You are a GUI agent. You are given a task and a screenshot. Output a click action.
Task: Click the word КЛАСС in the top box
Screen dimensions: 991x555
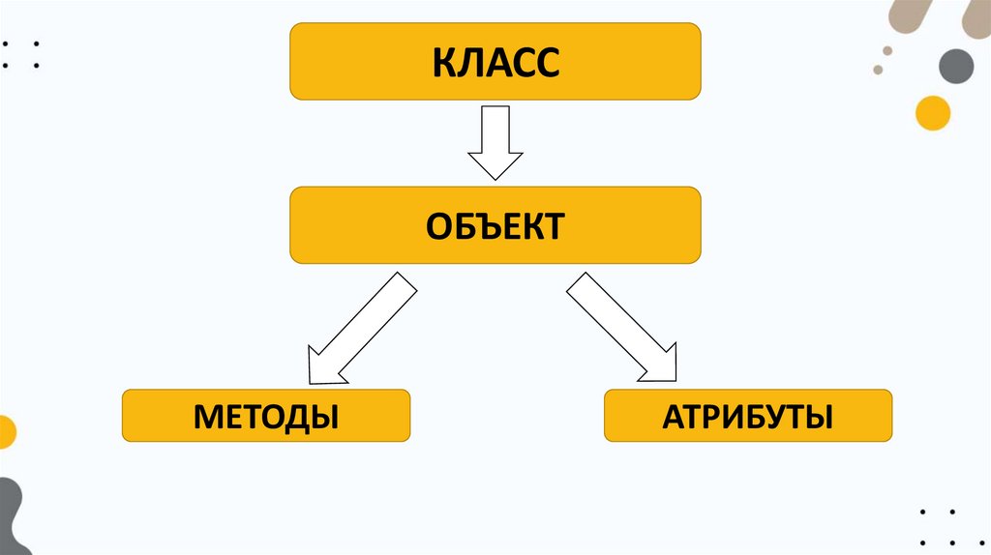pyautogui.click(x=495, y=64)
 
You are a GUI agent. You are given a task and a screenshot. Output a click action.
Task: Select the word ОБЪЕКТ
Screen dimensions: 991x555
pyautogui.click(x=495, y=226)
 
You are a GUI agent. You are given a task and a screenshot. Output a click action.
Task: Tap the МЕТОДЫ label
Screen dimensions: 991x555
pyautogui.click(x=266, y=418)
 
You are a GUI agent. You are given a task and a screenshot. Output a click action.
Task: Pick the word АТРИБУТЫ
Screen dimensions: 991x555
pyautogui.click(x=747, y=418)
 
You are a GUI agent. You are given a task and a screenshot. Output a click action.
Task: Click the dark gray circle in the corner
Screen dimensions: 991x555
pyautogui.click(x=956, y=66)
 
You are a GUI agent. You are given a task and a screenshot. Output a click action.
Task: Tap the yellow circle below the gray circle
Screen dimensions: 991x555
pyautogui.click(x=933, y=112)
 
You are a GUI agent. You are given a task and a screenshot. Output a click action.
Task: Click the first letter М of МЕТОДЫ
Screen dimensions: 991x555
pyautogui.click(x=209, y=418)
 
